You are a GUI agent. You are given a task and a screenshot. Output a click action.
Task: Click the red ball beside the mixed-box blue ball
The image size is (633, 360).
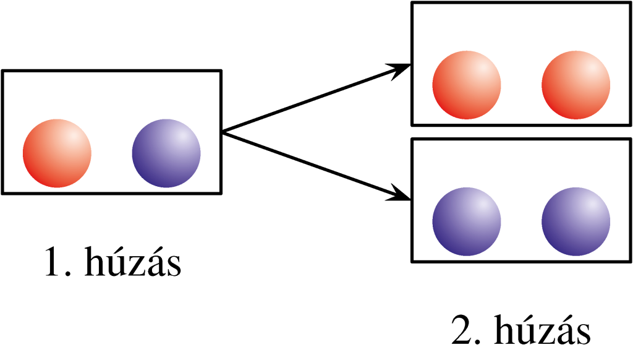pyautogui.click(x=57, y=153)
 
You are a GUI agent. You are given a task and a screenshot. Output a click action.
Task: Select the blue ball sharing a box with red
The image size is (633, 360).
pyautogui.click(x=166, y=153)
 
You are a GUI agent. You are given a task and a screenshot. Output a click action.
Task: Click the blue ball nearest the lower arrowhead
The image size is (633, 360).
pyautogui.click(x=466, y=221)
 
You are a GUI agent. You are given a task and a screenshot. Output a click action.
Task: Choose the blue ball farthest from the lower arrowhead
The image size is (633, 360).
pyautogui.click(x=576, y=221)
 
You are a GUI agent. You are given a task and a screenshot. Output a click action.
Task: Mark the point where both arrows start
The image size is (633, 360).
pyautogui.click(x=223, y=132)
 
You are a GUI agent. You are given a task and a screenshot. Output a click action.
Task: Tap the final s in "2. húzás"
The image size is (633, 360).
pyautogui.click(x=583, y=334)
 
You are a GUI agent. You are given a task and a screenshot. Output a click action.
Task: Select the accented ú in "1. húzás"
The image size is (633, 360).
pyautogui.click(x=119, y=264)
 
